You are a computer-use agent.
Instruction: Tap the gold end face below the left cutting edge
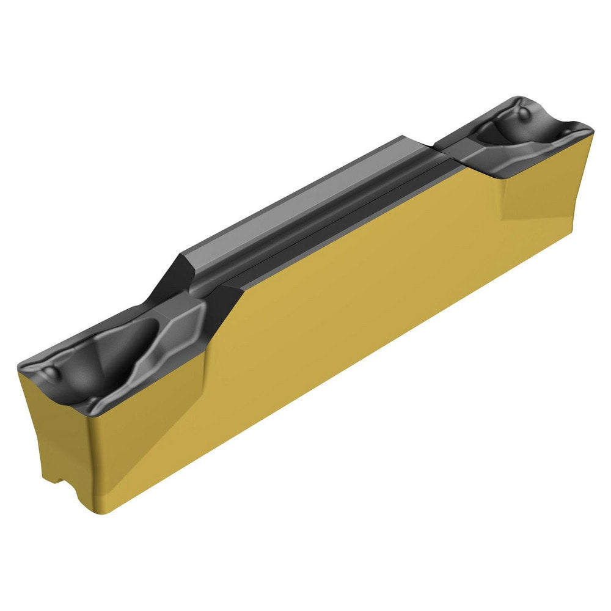pos(55,428)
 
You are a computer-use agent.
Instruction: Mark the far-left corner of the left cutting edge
pos(20,368)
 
